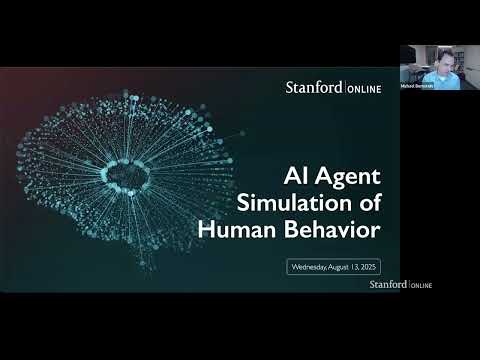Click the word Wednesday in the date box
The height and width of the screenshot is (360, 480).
(309, 267)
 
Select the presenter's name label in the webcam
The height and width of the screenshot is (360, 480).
(418, 87)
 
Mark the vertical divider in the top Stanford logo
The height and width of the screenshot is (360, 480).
(344, 89)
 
